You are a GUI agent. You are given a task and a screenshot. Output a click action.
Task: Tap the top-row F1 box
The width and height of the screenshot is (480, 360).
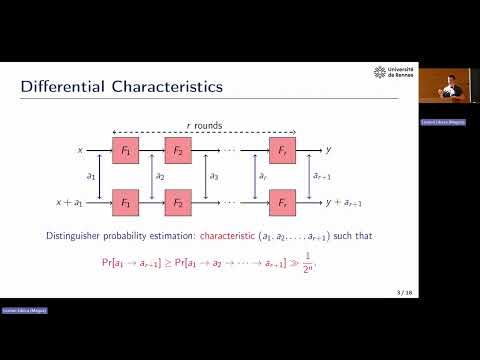(126, 150)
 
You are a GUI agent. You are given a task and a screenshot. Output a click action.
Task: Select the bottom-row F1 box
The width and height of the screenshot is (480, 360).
(126, 201)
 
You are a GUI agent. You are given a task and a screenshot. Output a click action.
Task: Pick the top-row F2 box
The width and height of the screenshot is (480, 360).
(178, 150)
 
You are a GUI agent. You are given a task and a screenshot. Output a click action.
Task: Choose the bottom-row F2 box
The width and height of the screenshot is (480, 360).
(178, 201)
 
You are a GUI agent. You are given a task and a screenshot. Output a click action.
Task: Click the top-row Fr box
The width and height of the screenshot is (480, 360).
(282, 150)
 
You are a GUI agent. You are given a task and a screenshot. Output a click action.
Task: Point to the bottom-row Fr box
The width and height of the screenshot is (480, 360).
(282, 201)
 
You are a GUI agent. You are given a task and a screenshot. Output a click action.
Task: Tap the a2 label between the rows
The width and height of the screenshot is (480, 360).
(159, 176)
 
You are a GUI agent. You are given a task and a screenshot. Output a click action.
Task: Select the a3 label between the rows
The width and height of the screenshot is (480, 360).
(212, 176)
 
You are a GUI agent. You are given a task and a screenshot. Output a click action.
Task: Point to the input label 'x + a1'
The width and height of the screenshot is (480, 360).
(70, 202)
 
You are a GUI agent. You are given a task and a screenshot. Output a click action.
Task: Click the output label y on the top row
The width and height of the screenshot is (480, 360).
(329, 150)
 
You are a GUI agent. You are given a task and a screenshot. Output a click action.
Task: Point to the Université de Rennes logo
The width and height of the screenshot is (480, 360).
(394, 73)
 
